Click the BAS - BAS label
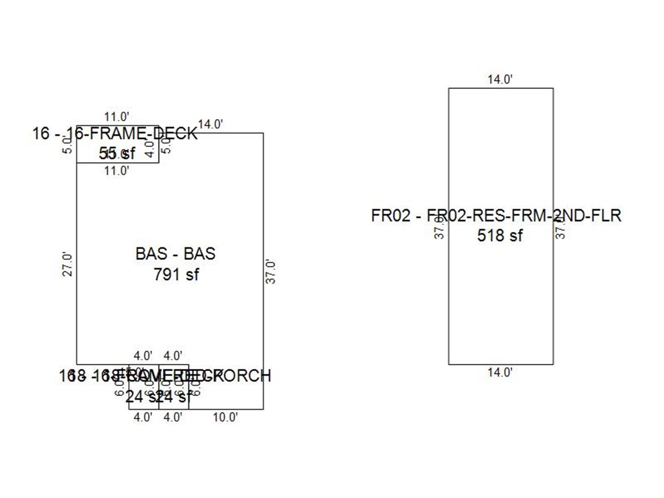(175, 254)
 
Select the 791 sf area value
(176, 275)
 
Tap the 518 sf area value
(500, 236)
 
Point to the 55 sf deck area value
(117, 153)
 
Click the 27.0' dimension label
(67, 264)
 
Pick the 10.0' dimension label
(225, 417)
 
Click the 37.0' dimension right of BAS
(271, 272)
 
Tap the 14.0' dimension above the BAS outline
(210, 125)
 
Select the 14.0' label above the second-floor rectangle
(500, 79)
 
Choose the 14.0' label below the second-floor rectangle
(500, 372)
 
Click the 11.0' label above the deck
(116, 117)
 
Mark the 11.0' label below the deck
(116, 171)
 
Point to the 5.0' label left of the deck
(67, 146)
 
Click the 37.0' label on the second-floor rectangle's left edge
(440, 228)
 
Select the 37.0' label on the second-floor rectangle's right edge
(560, 228)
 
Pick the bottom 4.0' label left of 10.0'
(173, 417)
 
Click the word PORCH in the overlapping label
(248, 376)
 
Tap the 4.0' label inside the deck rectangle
(149, 149)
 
